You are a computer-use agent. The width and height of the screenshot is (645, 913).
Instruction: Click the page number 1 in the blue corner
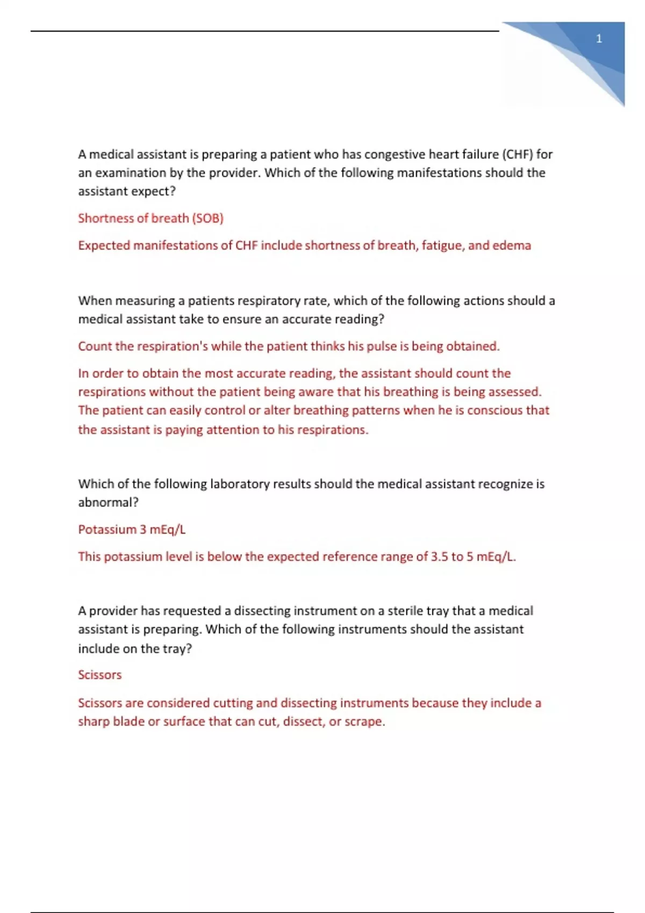pos(599,39)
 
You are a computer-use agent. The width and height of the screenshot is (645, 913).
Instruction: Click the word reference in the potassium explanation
pos(350,557)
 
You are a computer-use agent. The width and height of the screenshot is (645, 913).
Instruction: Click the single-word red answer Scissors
pos(99,675)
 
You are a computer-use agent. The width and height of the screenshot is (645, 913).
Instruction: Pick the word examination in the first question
pos(129,173)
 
